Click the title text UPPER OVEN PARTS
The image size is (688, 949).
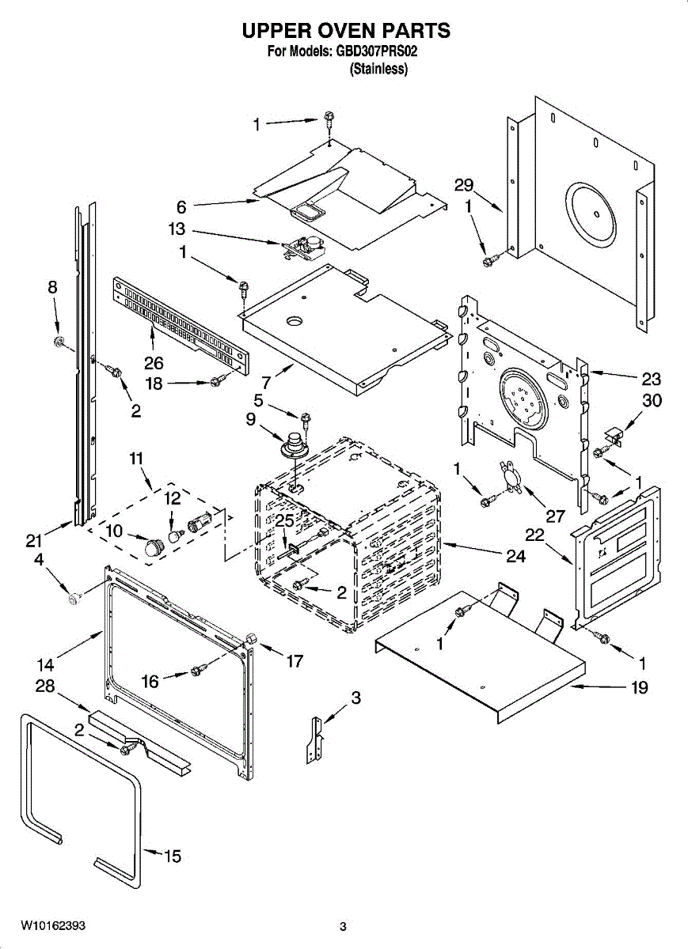pos(345,31)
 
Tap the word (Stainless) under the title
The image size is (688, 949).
pos(378,70)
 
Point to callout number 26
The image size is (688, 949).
pos(153,364)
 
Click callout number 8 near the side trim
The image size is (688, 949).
pos(52,289)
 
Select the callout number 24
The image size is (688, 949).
pos(515,556)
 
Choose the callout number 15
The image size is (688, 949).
pos(173,856)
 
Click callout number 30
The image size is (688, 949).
pos(652,401)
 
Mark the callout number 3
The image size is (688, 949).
pos(355,698)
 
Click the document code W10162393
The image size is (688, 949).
pos(53,925)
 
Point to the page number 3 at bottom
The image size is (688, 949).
pos(343,926)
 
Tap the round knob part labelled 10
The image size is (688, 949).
pos(153,546)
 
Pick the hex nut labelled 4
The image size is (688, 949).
pos(74,599)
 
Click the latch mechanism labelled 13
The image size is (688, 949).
pos(301,248)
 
